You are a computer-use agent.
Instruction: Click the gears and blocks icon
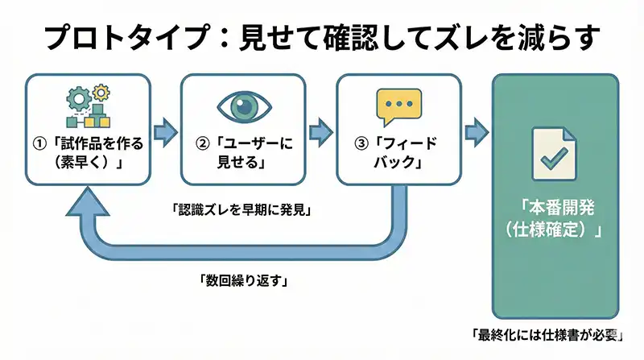pyautogui.click(x=86, y=106)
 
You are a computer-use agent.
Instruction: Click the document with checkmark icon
pyautogui.click(x=554, y=153)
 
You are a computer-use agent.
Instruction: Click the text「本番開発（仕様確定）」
pyautogui.click(x=554, y=219)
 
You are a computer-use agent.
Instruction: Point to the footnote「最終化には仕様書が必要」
pyautogui.click(x=548, y=334)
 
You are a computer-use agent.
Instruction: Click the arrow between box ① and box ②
pyautogui.click(x=164, y=130)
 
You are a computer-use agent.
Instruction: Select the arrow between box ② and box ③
pyautogui.click(x=320, y=130)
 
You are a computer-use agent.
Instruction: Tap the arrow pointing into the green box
pyautogui.click(x=477, y=130)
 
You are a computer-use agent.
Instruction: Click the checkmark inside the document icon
pyautogui.click(x=554, y=159)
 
